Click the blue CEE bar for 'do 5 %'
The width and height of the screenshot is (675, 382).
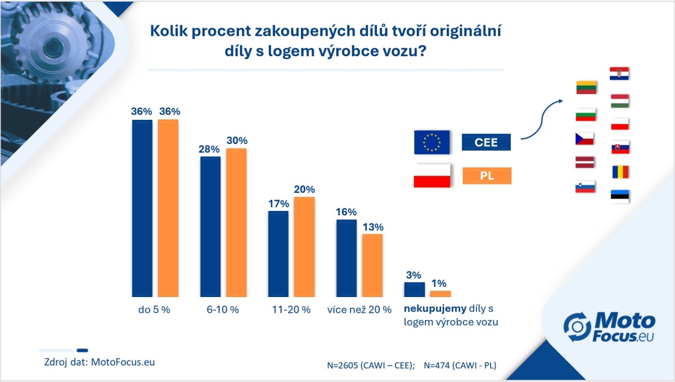click(142, 208)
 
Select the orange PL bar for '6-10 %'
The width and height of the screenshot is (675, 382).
click(236, 222)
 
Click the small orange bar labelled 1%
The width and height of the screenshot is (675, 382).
click(440, 294)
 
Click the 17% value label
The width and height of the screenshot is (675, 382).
click(278, 203)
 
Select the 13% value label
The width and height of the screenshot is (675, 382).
click(372, 227)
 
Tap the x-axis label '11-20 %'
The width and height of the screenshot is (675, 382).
click(291, 310)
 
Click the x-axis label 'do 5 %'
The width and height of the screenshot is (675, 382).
click(154, 310)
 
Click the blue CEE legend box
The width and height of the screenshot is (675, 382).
click(486, 142)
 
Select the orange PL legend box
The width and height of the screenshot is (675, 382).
click(486, 176)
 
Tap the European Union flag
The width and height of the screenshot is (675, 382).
click(431, 142)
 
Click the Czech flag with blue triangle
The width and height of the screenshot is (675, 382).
click(585, 138)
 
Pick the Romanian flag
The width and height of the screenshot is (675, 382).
click(620, 172)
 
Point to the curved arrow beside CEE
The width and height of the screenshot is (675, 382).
click(541, 118)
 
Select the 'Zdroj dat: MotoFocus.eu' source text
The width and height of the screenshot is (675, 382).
click(99, 362)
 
